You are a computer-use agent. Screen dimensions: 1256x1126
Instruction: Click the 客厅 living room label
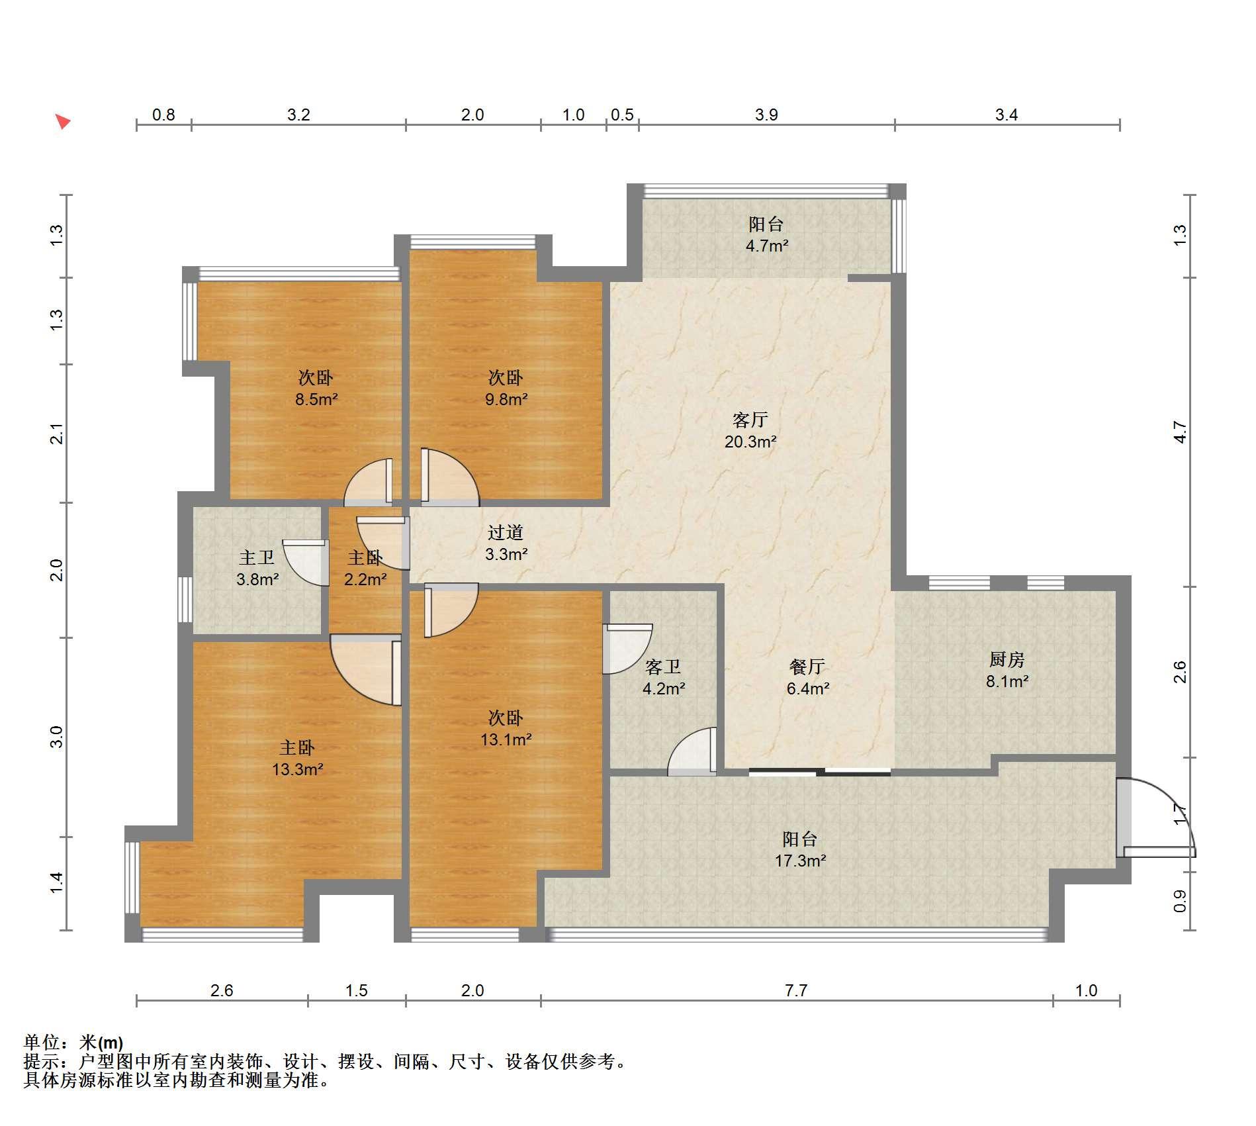(x=750, y=420)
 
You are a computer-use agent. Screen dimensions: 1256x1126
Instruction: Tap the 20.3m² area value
(x=750, y=442)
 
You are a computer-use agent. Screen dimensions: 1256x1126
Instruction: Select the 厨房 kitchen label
(x=1007, y=659)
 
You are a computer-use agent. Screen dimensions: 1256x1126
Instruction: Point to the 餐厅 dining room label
(x=807, y=667)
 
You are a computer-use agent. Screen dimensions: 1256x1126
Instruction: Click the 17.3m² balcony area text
(x=800, y=861)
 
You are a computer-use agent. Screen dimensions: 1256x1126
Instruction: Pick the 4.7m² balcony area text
(x=766, y=246)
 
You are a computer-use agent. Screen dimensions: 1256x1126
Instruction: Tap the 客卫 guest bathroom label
(x=662, y=667)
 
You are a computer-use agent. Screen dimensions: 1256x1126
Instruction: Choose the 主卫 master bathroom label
(x=256, y=557)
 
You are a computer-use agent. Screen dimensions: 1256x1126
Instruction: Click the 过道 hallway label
(x=506, y=532)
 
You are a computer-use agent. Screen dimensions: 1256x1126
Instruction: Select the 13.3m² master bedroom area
(x=297, y=769)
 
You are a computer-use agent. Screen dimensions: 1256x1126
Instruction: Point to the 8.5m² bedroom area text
(x=316, y=399)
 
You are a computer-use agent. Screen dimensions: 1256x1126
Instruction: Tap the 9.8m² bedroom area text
(x=506, y=399)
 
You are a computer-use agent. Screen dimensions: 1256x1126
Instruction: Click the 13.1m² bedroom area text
(x=506, y=739)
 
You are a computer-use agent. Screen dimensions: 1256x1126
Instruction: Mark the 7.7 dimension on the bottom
(x=796, y=990)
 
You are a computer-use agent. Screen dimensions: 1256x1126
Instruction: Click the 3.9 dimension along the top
(x=766, y=115)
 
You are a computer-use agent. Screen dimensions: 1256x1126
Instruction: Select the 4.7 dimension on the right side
(x=1180, y=432)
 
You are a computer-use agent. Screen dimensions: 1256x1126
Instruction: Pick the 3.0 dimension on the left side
(x=57, y=737)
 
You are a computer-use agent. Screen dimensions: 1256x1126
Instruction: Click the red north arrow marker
(x=62, y=121)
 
